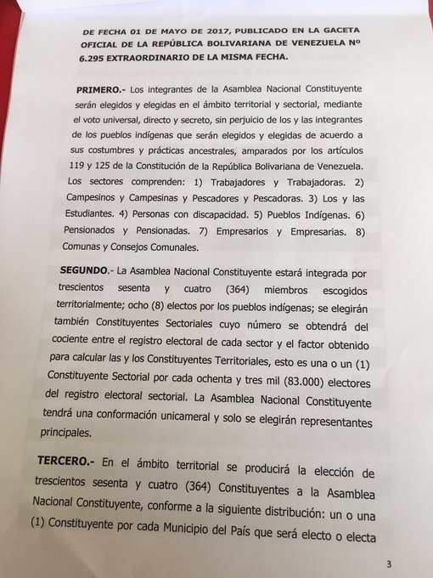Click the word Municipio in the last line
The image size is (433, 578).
[x=215, y=535]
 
